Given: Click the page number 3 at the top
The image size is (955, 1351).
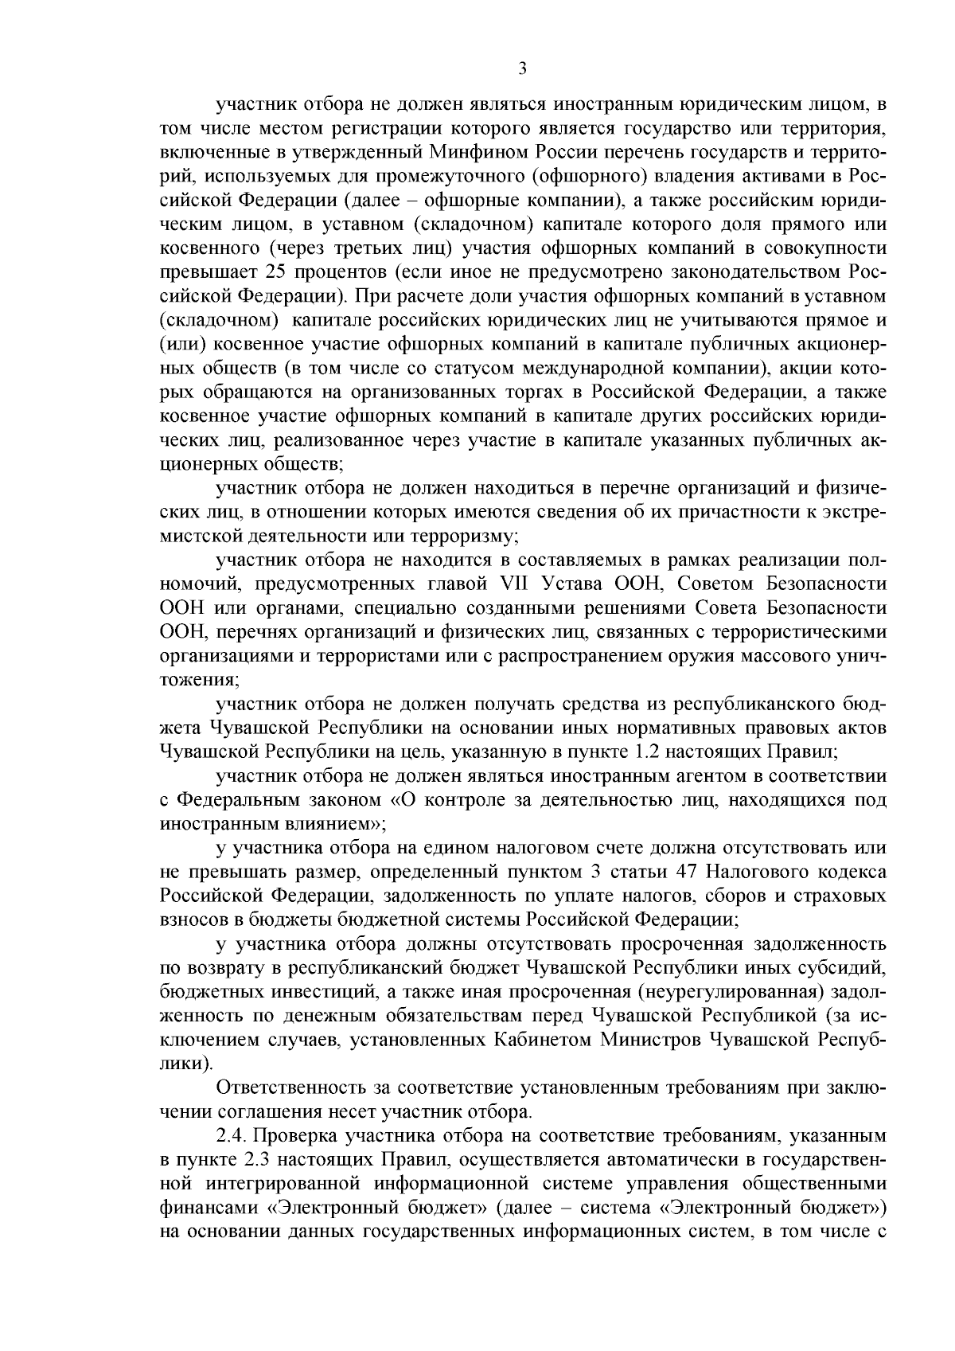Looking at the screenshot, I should coord(522,69).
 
